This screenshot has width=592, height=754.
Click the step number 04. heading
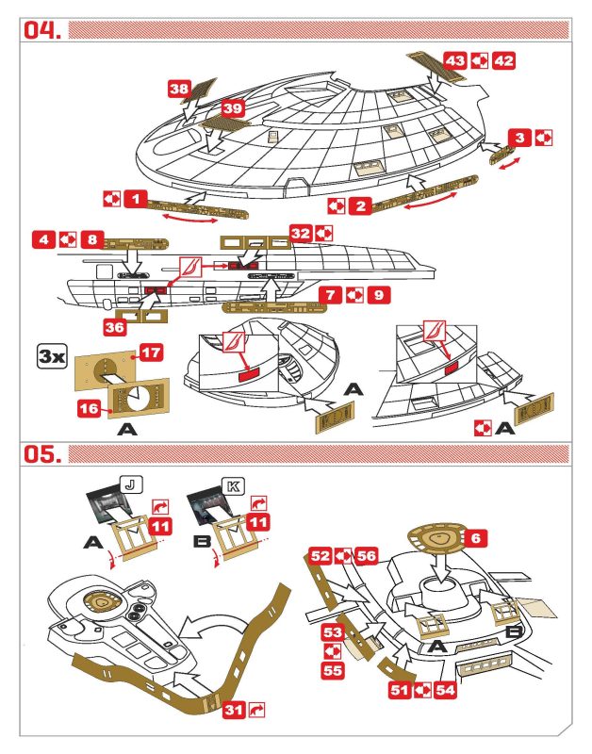(x=42, y=30)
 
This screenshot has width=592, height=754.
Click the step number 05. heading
(x=42, y=452)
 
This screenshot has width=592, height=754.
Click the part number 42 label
(x=504, y=60)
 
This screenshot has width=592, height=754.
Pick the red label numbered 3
(x=519, y=137)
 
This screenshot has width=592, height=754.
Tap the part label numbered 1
(x=136, y=199)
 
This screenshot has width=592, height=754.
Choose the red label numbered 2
(x=360, y=205)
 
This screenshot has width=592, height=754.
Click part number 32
(x=300, y=232)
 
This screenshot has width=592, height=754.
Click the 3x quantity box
(x=50, y=356)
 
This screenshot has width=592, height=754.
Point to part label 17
(x=151, y=352)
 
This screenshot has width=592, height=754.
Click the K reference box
(x=232, y=487)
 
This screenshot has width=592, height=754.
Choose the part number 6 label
(x=477, y=536)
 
